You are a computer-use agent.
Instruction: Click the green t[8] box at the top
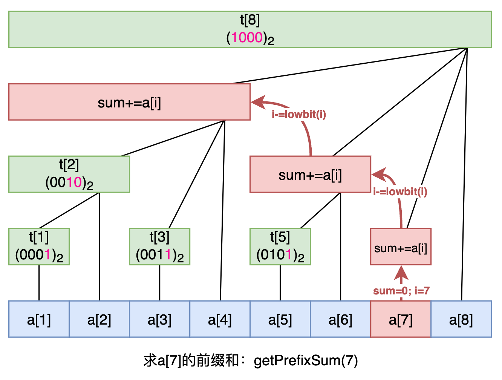(250, 29)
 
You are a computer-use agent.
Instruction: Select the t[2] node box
(69, 174)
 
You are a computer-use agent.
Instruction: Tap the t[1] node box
(39, 247)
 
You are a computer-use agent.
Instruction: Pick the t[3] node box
(159, 247)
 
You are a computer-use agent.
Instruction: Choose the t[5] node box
(280, 247)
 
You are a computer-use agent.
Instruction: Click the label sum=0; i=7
(401, 291)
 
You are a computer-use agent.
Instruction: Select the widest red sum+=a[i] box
(129, 102)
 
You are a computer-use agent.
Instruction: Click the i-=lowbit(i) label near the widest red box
(299, 114)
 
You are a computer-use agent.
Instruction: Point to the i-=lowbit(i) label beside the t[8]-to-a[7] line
(400, 192)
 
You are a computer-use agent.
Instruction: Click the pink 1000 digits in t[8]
(247, 37)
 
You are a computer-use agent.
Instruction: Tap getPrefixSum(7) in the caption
(306, 361)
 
